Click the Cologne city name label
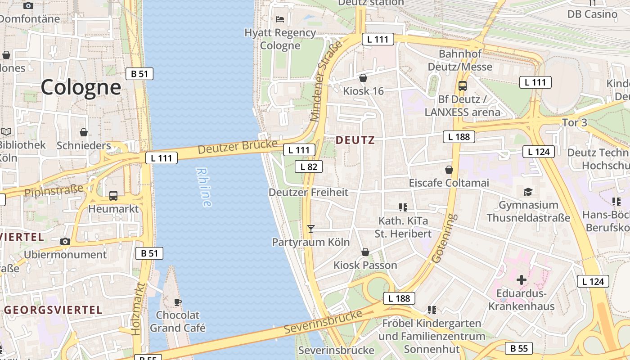81,87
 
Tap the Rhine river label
204,187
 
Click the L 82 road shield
309,166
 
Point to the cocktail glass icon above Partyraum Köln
310,229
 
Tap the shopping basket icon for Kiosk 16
363,78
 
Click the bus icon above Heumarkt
113,196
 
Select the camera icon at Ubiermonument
65,241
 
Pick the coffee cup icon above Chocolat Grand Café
178,301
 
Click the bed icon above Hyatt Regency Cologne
280,19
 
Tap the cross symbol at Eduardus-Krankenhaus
522,280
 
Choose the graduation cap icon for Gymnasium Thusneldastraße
528,192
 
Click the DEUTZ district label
355,140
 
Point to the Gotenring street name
444,238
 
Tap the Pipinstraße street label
54,190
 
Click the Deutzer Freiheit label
308,192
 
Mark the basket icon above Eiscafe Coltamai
449,170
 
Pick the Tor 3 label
575,122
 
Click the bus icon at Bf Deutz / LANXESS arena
462,85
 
